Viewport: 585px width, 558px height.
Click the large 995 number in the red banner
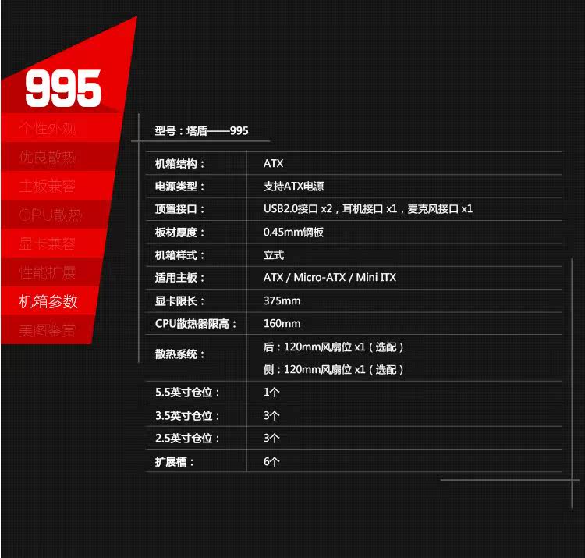tap(63, 87)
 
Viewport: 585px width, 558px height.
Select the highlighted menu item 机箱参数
tap(48, 302)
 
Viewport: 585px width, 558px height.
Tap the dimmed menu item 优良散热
tap(48, 157)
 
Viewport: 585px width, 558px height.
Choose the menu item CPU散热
tap(51, 215)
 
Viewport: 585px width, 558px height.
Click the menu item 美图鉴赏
tap(48, 330)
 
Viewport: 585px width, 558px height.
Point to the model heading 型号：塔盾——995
tap(201, 131)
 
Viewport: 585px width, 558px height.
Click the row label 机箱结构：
tap(180, 164)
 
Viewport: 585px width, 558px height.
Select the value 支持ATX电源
tap(293, 187)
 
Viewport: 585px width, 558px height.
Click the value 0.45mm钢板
tap(293, 233)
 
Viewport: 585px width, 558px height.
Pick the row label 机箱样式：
tap(180, 255)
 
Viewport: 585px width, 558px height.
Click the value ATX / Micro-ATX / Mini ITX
tap(330, 278)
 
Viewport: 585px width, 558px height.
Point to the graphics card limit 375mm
tap(282, 301)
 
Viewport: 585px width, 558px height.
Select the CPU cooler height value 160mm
tap(282, 324)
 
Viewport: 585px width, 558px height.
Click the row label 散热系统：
tap(180, 354)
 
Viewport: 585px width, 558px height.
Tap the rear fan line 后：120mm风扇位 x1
tap(334, 347)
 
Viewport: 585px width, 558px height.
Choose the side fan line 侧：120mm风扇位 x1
tap(334, 370)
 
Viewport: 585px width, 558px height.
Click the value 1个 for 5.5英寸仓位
tap(271, 393)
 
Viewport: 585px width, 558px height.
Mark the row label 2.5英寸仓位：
tap(188, 439)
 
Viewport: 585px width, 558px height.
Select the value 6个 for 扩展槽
tap(271, 462)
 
